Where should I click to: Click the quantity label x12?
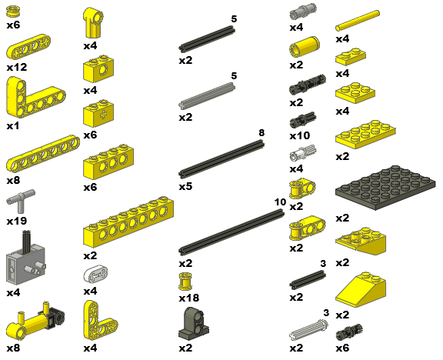point(17,67)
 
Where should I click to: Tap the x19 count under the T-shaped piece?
point(17,221)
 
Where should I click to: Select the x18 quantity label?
point(189,298)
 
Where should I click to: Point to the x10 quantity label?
point(300,136)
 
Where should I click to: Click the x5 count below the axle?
point(185,186)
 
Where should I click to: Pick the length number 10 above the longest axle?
point(280,202)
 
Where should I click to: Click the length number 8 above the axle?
point(261,133)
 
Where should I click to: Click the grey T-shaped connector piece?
point(21,201)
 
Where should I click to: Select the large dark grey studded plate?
point(385,188)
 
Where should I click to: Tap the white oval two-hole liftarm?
point(96,274)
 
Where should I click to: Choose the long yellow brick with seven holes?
point(128,222)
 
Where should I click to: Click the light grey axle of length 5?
point(207,95)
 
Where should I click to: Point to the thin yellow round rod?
point(358,21)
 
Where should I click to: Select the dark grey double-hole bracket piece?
point(194,323)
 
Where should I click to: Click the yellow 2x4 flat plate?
point(365,134)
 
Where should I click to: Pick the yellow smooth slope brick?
point(361,290)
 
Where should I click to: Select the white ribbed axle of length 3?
point(309,330)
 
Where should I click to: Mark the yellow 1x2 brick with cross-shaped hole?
point(98,113)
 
